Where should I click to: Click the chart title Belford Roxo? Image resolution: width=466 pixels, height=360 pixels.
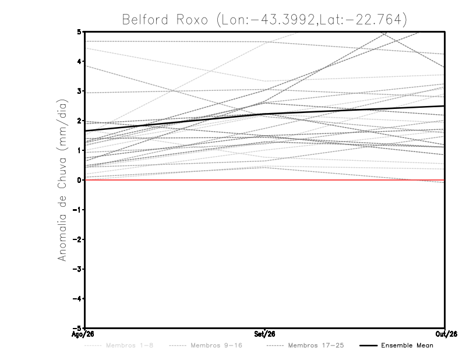point(165,20)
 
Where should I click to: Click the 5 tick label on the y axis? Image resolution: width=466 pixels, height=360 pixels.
point(79,31)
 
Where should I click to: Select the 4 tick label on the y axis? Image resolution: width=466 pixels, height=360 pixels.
point(79,61)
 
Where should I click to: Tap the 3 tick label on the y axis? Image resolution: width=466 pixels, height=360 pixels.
point(79,91)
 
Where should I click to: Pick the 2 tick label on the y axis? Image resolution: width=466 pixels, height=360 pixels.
point(79,121)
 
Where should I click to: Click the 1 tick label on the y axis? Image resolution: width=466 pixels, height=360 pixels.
point(79,150)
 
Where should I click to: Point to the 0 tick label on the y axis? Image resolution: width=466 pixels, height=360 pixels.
point(79,180)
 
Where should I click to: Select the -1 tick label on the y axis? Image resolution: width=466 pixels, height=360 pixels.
point(77,210)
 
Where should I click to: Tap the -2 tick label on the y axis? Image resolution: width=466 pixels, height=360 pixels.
point(77,239)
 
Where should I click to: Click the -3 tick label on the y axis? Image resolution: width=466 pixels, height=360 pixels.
point(77,269)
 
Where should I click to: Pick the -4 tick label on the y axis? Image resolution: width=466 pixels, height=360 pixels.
point(77,298)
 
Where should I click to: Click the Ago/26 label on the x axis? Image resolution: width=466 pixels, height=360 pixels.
point(83,334)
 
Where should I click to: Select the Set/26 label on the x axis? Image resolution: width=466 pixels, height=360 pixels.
point(264,334)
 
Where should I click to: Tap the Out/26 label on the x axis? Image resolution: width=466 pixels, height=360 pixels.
point(446,334)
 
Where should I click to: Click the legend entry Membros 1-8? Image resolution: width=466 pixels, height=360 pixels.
point(129,345)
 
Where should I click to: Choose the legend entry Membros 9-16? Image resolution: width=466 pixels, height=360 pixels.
point(216,345)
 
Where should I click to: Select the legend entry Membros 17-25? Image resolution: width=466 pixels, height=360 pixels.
point(316,345)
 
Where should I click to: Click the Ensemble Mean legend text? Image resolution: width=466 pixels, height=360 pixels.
point(407,345)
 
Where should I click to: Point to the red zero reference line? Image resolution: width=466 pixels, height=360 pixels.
point(265,180)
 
